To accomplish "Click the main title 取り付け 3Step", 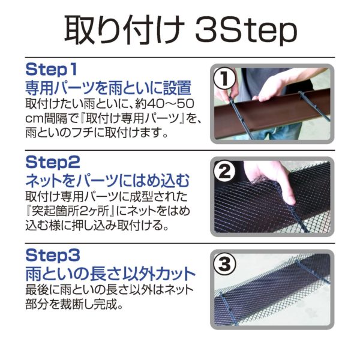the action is [181, 30].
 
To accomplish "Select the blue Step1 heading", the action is [51, 70].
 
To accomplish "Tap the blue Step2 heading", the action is [53, 163].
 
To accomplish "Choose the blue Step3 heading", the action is [53, 256].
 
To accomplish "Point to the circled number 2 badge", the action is [224, 172].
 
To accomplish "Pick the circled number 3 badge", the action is [224, 265].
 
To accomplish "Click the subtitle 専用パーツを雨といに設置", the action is [109, 88].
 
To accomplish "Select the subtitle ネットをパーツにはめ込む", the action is [107, 181].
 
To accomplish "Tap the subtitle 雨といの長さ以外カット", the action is [110, 274].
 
